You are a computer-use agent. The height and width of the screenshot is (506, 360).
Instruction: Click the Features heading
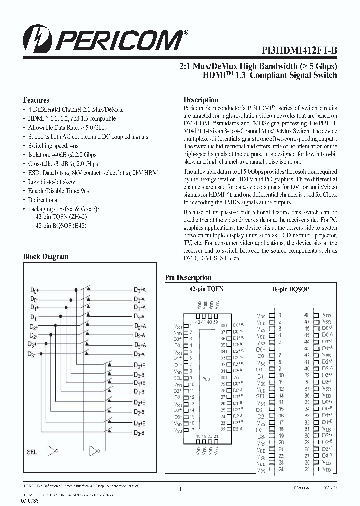pyautogui.click(x=36, y=100)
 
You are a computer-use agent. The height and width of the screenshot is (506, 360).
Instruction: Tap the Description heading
pyautogui.click(x=201, y=100)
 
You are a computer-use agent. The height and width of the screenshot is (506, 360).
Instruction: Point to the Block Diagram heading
pyautogui.click(x=46, y=256)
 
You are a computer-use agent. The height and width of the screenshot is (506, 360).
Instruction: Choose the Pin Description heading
pyautogui.click(x=188, y=278)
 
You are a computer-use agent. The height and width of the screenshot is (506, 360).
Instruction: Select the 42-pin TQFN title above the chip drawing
pyautogui.click(x=206, y=289)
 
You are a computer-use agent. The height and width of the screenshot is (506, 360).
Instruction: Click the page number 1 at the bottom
pyautogui.click(x=180, y=491)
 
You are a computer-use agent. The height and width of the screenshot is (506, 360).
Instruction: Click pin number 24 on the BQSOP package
pyautogui.click(x=281, y=470)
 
